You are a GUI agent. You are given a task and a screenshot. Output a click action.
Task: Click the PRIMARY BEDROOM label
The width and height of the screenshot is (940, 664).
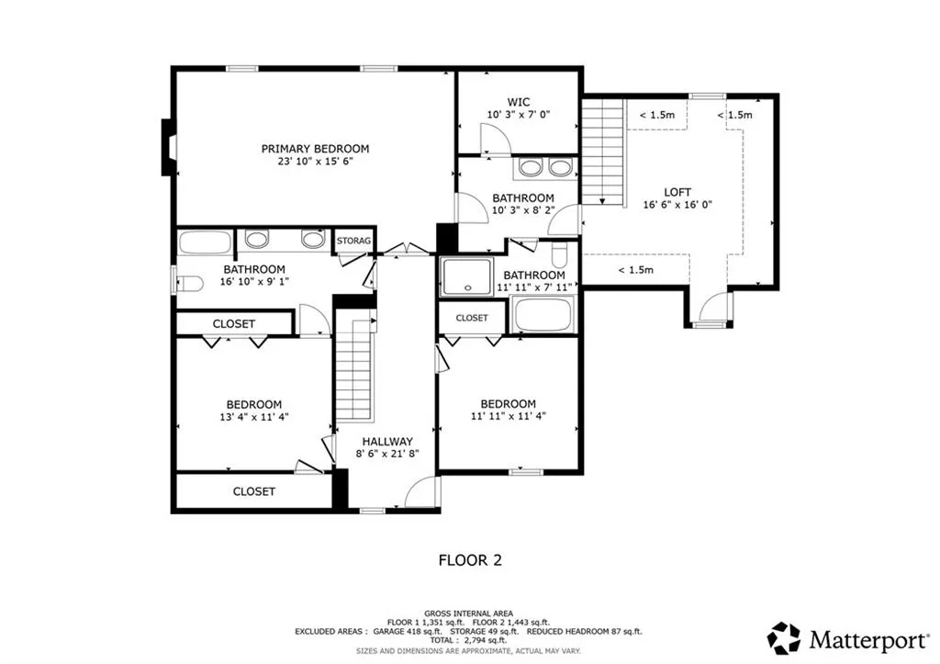[315, 149]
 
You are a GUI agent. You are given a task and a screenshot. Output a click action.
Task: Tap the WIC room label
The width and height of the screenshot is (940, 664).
[518, 103]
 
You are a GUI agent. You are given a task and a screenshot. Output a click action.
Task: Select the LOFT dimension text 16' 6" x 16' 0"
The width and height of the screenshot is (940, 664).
[677, 205]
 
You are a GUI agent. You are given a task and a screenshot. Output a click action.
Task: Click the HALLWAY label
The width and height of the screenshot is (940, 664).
[386, 442]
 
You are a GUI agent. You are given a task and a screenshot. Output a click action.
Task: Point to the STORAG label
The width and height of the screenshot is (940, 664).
[353, 241]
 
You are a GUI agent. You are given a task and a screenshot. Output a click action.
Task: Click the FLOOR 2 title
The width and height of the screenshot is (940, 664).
[470, 560]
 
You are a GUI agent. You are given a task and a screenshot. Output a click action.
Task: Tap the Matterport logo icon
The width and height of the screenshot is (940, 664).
[784, 638]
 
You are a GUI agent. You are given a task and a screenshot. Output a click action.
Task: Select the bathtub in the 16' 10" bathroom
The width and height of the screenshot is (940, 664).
[205, 242]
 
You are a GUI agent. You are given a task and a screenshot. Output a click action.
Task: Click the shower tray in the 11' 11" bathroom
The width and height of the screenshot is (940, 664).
[467, 276]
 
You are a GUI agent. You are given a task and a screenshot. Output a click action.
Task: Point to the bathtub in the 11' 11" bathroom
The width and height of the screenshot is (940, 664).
[543, 314]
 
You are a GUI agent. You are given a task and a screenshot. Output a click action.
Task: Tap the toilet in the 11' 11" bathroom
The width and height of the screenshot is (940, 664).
[559, 254]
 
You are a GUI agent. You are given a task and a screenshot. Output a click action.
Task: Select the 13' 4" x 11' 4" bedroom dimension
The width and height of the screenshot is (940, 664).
[254, 417]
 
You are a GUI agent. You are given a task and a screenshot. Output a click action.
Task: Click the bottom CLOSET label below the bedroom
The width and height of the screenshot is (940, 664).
[254, 491]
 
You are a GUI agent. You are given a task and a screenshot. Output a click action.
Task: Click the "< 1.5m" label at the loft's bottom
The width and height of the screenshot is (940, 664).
[635, 270]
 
